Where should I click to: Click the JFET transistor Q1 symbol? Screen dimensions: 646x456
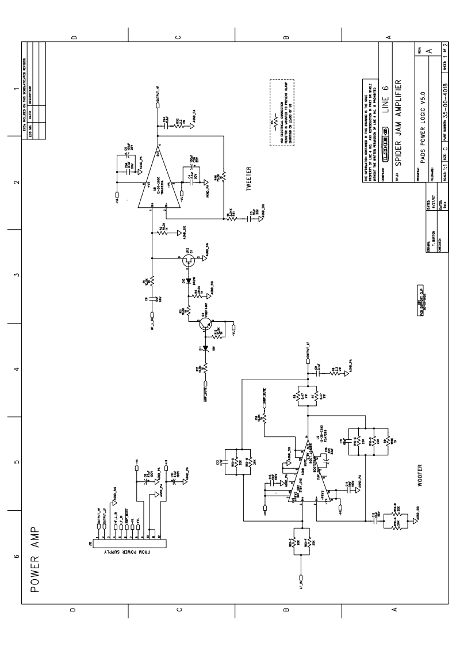(188, 261)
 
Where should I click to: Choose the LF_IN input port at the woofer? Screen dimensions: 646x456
(300, 576)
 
